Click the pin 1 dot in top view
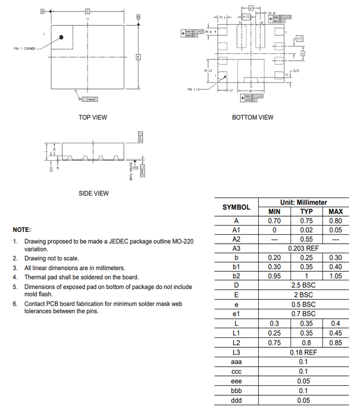pos(62,37)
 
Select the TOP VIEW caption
pos(93,117)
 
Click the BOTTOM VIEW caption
pos(252,117)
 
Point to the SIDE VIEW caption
pos(94,193)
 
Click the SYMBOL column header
pos(236,207)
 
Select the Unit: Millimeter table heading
pos(304,202)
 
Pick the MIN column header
pos(274,212)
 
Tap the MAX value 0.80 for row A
pos(335,221)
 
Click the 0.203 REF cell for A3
pos(304,248)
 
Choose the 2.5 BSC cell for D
pos(304,285)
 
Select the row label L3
pos(236,352)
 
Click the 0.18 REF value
pos(304,352)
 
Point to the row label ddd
pos(236,400)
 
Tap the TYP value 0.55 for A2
pos(306,239)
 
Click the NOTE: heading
pos(22,230)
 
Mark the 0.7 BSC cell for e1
pos(304,313)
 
